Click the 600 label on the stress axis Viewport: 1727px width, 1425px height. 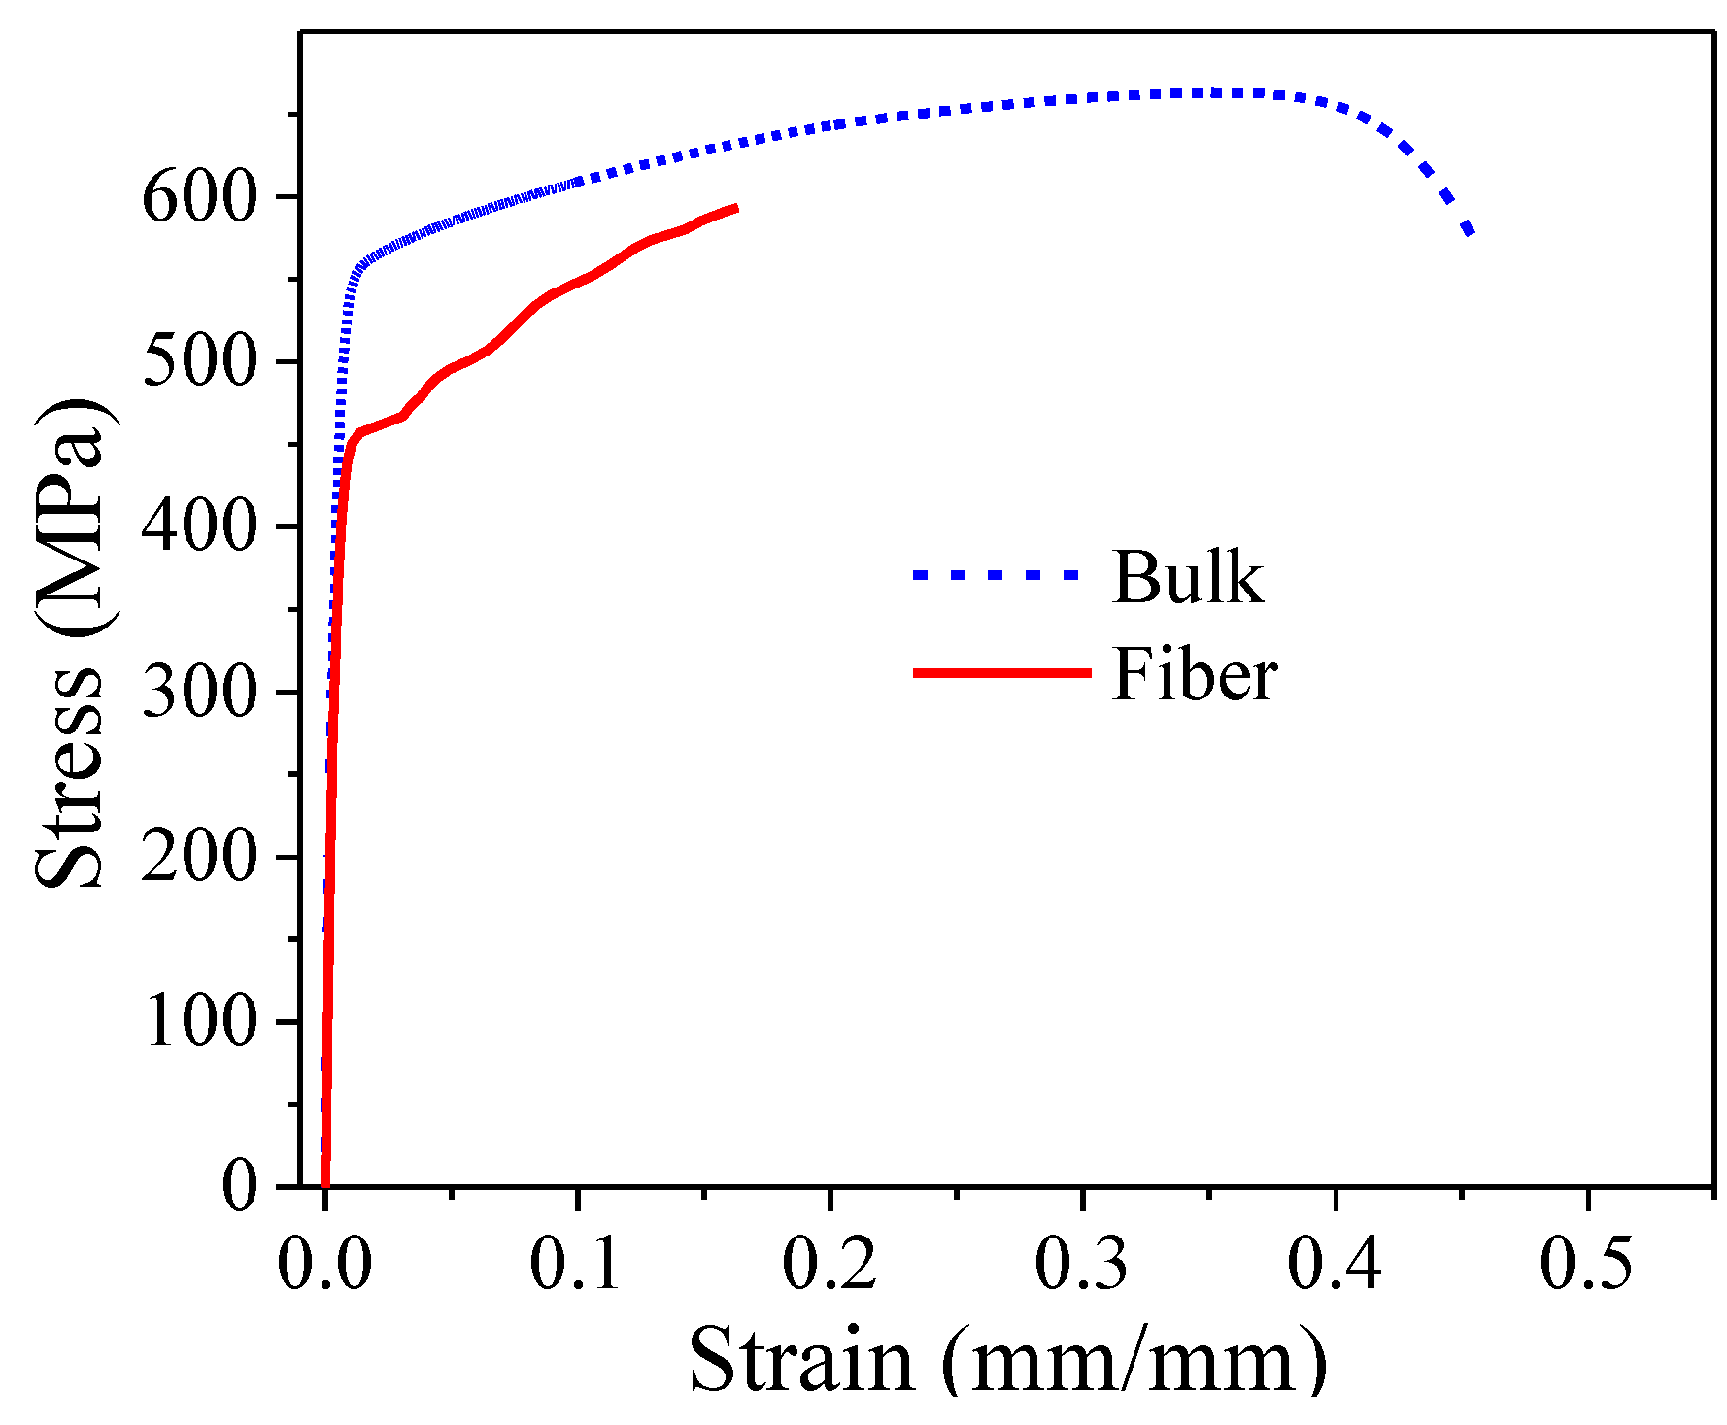[199, 198]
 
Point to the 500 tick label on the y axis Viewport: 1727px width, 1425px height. [199, 363]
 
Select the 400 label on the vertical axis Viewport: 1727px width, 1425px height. [199, 528]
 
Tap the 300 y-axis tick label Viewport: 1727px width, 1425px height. [199, 694]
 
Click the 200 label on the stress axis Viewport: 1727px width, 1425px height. [199, 859]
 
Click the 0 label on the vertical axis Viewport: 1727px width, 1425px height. [240, 1188]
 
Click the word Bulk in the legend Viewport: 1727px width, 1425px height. [1188, 578]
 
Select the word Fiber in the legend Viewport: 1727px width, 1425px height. [1195, 674]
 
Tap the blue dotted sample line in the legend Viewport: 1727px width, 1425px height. [997, 575]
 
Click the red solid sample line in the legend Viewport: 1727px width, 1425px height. [1001, 672]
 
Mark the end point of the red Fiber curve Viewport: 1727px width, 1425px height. [736, 208]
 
